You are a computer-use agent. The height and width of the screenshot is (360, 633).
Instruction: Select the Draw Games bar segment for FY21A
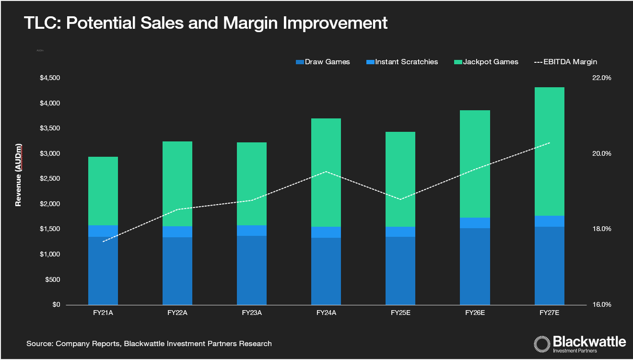(103, 271)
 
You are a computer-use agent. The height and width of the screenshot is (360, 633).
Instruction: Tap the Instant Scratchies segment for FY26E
(475, 223)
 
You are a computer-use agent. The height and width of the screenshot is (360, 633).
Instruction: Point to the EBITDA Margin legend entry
(565, 62)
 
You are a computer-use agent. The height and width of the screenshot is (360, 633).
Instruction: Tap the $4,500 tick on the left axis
(50, 78)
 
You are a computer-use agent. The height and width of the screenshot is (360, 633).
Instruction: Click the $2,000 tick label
(50, 204)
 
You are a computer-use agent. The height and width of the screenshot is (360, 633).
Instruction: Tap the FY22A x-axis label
(177, 313)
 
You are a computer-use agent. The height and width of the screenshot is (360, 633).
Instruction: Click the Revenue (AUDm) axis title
(18, 175)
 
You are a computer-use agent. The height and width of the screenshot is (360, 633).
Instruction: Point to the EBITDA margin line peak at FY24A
(326, 172)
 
